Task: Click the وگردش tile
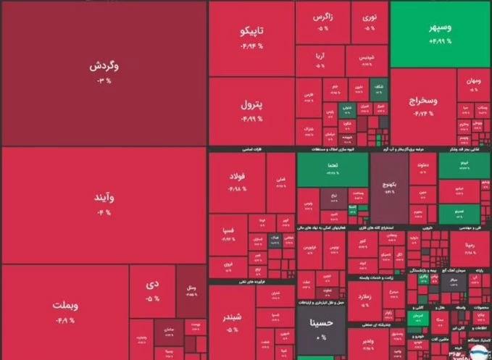104,72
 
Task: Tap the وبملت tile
65,312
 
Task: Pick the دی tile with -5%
153,290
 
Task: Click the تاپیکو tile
251,38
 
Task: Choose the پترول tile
251,110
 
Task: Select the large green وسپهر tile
441,33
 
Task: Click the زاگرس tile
322,21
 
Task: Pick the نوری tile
370,21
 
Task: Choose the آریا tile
320,60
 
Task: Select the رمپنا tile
464,250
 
